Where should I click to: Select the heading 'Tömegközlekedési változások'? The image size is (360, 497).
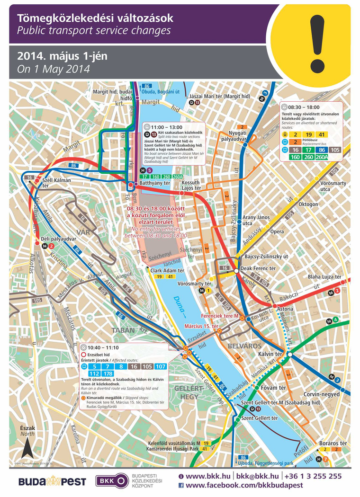pyautogui.click(x=95, y=19)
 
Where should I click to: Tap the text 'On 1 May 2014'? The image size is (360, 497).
pyautogui.click(x=54, y=69)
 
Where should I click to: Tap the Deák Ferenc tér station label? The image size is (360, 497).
pyautogui.click(x=259, y=268)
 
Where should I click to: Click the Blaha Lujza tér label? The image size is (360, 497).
pyautogui.click(x=324, y=276)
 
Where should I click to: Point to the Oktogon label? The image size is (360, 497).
pyautogui.click(x=308, y=204)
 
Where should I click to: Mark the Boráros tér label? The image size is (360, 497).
pyautogui.click(x=334, y=443)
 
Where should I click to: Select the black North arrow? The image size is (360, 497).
pyautogui.click(x=28, y=448)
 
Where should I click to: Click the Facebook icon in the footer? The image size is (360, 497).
pyautogui.click(x=181, y=485)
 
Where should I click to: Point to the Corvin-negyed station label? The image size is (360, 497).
pyautogui.click(x=322, y=394)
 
